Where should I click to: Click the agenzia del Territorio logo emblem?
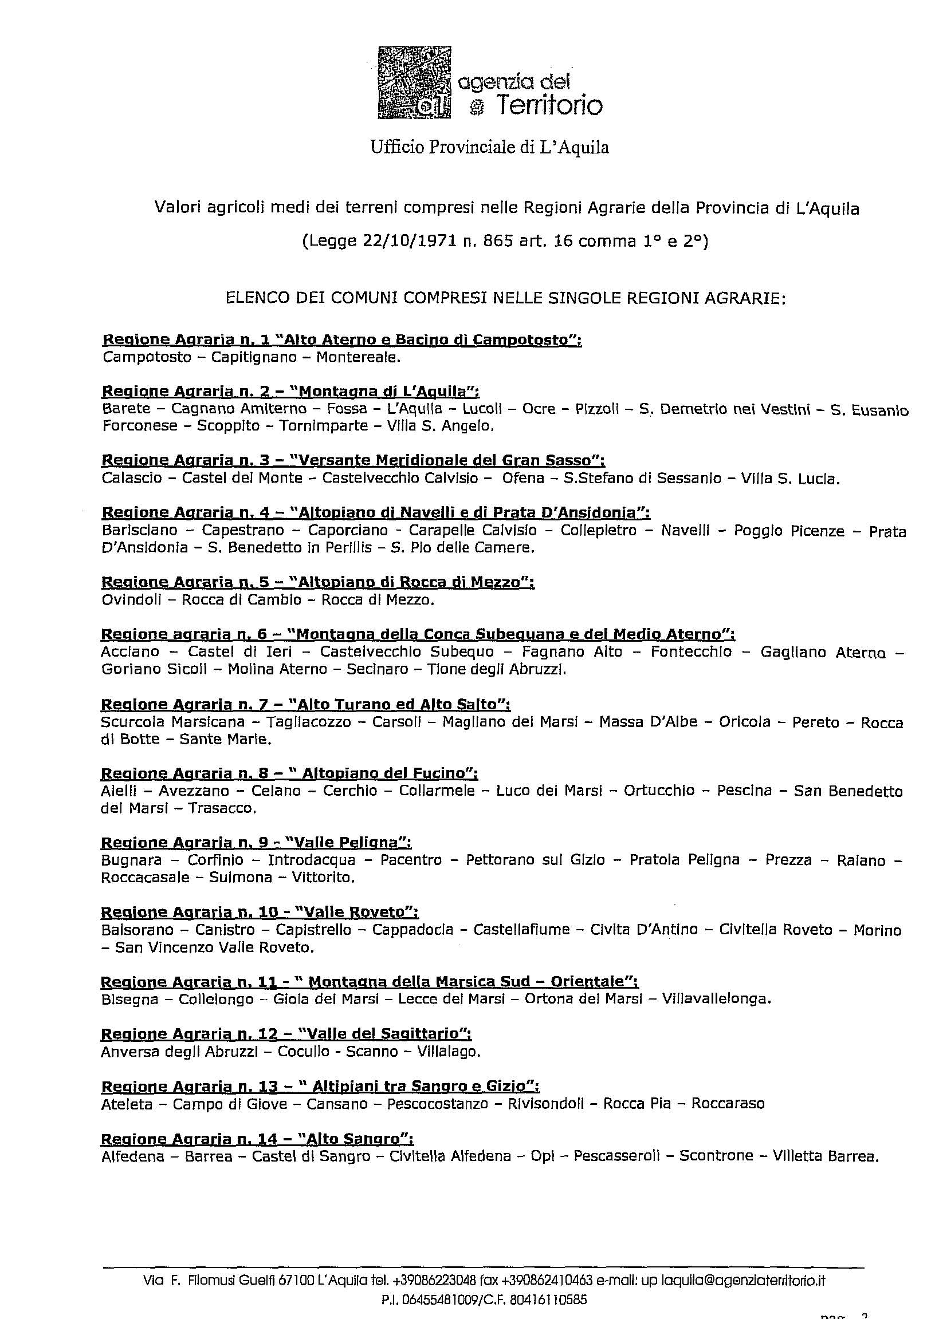pyautogui.click(x=414, y=83)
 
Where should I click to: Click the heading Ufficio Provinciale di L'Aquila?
pyautogui.click(x=489, y=148)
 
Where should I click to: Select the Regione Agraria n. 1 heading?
pyautogui.click(x=341, y=339)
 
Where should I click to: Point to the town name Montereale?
pyautogui.click(x=358, y=357)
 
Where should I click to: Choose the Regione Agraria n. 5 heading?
pyautogui.click(x=317, y=582)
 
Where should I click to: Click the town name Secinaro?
pyautogui.click(x=375, y=669)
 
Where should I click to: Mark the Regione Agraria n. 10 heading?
pyautogui.click(x=260, y=912)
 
